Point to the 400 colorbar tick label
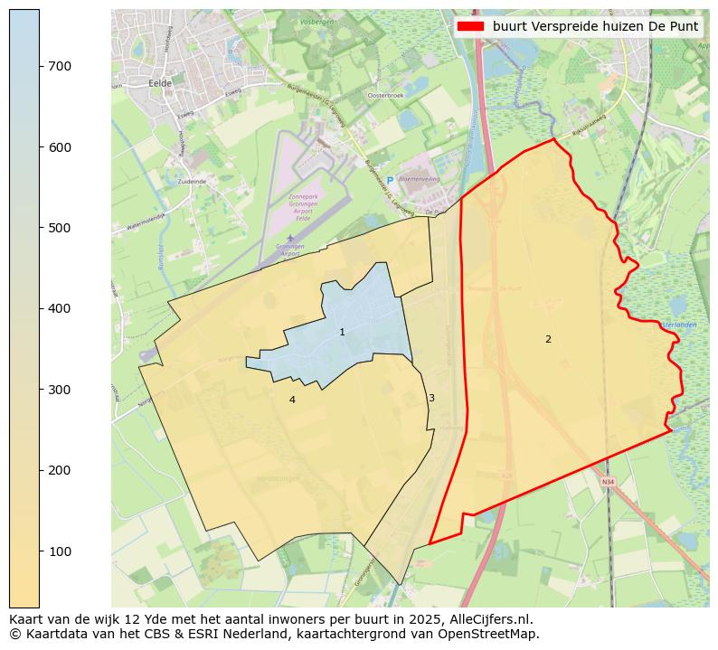(x=60, y=309)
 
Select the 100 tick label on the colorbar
(x=60, y=551)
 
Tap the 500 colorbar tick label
(x=60, y=228)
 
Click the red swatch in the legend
(x=471, y=26)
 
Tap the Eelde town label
(x=159, y=82)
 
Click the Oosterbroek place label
(x=384, y=95)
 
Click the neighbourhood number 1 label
(x=342, y=333)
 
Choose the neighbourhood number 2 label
(x=548, y=339)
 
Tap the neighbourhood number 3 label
(x=431, y=398)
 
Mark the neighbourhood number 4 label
(x=292, y=400)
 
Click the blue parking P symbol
(x=390, y=180)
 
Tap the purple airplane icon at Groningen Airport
(x=289, y=238)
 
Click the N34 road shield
(x=607, y=482)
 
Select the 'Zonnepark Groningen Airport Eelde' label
(x=304, y=207)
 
